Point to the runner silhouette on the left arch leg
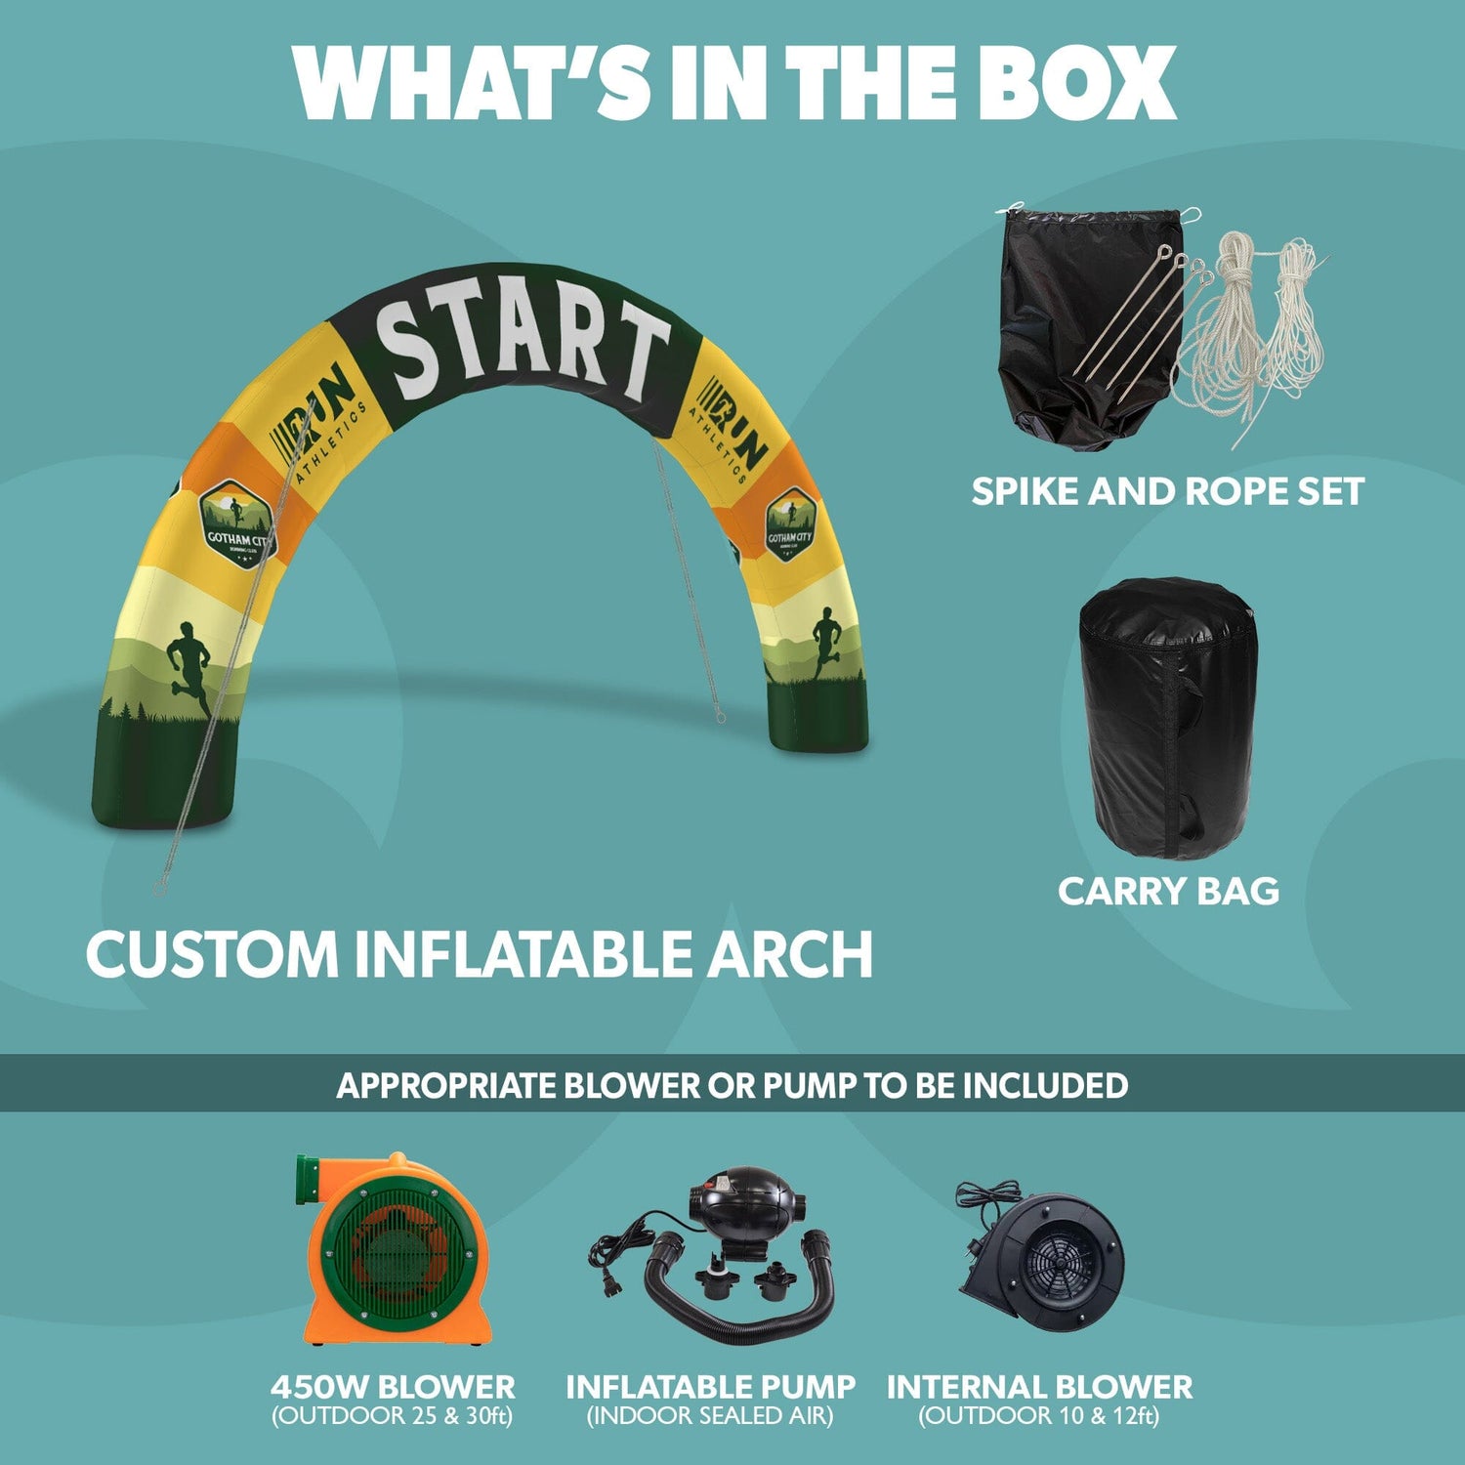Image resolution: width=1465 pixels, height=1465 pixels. pyautogui.click(x=190, y=664)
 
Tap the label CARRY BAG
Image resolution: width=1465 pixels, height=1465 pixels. pyautogui.click(x=1168, y=891)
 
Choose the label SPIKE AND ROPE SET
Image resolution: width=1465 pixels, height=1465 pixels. pyautogui.click(x=1167, y=491)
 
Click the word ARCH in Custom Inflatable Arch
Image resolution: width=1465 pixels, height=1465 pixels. pyautogui.click(x=789, y=954)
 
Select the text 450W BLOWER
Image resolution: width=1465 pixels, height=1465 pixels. pyautogui.click(x=393, y=1387)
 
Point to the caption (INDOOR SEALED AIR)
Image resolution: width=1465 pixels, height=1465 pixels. pyautogui.click(x=710, y=1416)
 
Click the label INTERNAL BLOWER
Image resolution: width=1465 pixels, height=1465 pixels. pyautogui.click(x=1039, y=1387)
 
